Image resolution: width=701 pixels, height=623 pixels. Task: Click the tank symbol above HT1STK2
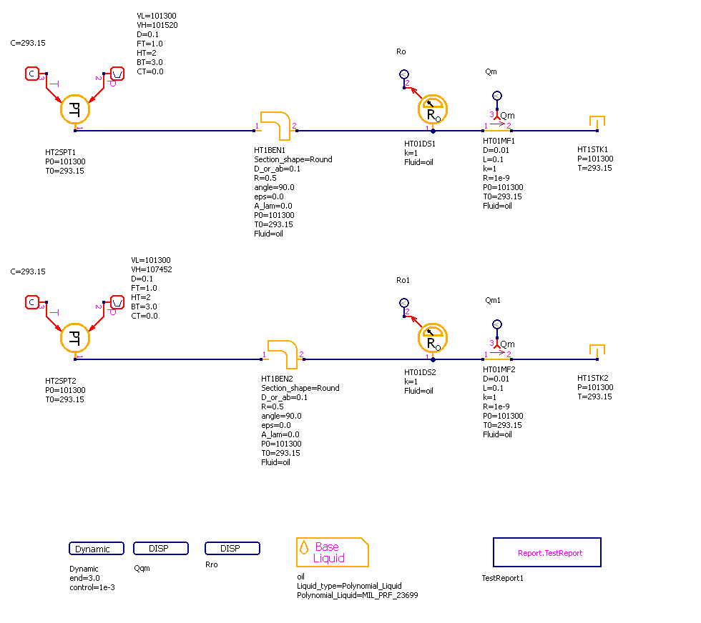point(597,351)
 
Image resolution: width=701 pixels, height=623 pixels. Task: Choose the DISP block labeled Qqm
point(161,549)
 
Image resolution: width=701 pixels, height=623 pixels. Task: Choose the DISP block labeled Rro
point(232,549)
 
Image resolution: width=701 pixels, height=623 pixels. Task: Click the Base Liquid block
point(333,552)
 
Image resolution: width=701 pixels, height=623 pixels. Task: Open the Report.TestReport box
point(547,552)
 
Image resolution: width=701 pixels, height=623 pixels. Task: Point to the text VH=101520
point(157,25)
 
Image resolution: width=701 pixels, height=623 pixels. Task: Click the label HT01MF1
point(499,141)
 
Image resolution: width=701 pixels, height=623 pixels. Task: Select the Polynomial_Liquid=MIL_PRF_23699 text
point(348,595)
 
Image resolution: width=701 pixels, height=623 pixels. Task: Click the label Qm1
point(493,300)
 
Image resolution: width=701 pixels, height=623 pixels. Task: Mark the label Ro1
point(404,279)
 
